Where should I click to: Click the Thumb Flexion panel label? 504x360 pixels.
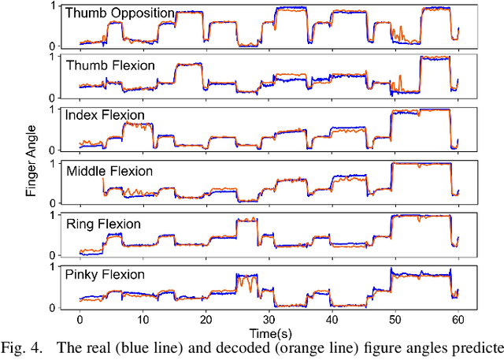coord(111,65)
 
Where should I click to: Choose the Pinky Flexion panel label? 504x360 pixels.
coord(106,275)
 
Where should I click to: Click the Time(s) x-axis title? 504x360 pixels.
coord(269,334)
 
